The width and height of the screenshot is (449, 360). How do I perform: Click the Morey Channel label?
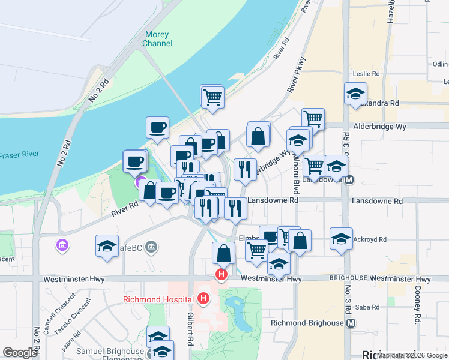coord(157,39)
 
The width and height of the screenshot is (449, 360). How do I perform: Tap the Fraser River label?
coord(19,155)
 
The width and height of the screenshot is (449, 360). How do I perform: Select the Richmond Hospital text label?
coord(158,299)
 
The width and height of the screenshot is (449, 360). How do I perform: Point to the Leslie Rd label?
coord(367,74)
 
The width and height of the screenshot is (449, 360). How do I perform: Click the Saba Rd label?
coord(367,307)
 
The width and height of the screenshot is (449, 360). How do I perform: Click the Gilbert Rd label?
coord(189,329)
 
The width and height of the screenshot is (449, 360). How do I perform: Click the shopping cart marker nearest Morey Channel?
coord(212,96)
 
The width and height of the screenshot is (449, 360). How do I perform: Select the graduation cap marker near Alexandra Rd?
coord(355,93)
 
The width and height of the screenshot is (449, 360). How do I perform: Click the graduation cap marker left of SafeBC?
coord(107,246)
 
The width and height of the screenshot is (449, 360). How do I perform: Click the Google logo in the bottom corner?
coord(20,352)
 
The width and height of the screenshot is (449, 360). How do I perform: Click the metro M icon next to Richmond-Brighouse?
coord(351,323)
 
